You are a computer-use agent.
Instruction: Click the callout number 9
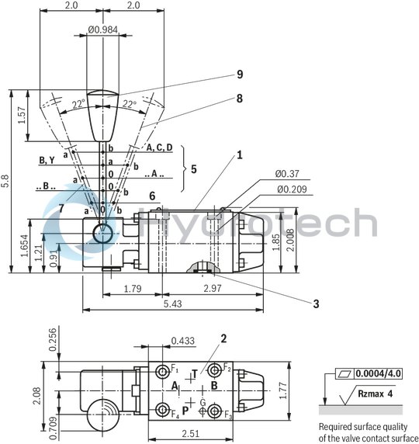point(240,75)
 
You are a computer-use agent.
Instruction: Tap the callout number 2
point(223,338)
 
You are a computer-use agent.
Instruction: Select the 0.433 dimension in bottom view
point(182,340)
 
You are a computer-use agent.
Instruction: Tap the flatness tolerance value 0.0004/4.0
point(380,373)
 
